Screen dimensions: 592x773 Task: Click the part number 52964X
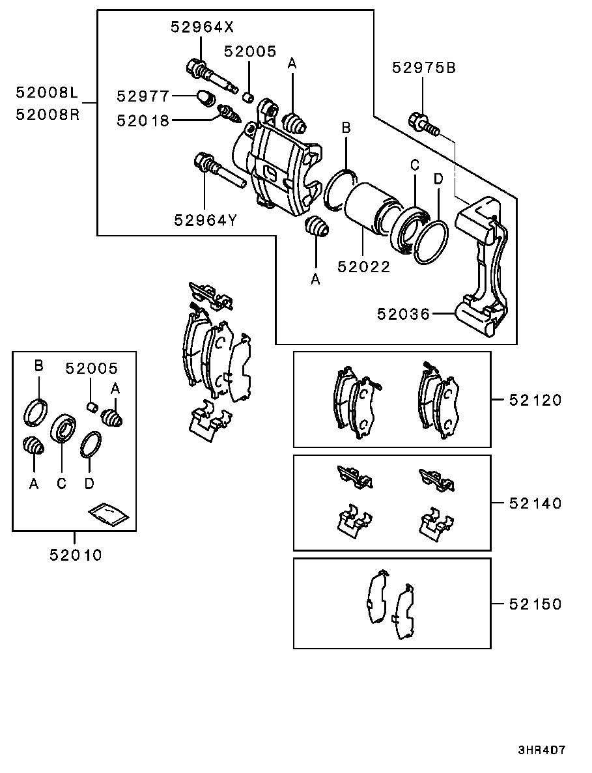click(202, 27)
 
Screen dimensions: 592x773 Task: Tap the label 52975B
click(424, 68)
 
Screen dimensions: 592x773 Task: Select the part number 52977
click(143, 96)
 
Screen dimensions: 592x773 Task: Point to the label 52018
click(143, 120)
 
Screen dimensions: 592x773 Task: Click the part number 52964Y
click(206, 220)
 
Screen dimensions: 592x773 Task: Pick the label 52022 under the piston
click(364, 267)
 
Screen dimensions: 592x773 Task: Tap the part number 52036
click(404, 313)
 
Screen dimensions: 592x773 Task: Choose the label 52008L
click(48, 92)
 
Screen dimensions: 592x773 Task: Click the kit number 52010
click(76, 555)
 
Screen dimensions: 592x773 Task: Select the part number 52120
click(535, 400)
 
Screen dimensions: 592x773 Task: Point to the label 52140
click(535, 503)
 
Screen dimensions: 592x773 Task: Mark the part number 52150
click(535, 604)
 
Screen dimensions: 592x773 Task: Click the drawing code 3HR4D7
click(541, 751)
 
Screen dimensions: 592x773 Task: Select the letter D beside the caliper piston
click(438, 180)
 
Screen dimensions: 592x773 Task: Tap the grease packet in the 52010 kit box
click(109, 515)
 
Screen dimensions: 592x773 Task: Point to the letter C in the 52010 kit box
click(61, 484)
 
